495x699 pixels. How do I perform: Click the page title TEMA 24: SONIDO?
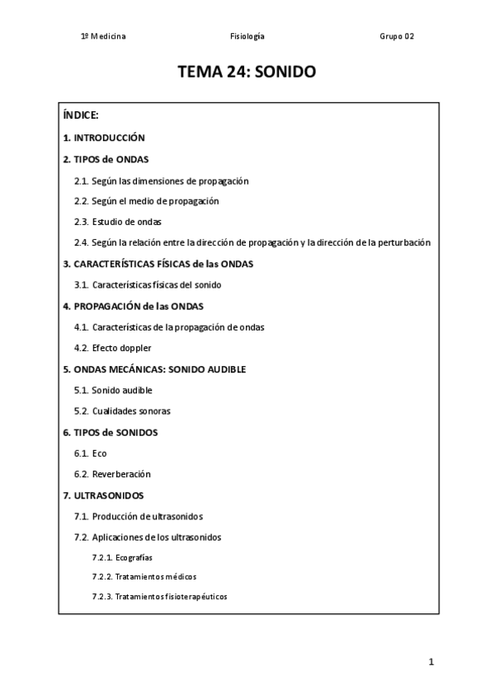[247, 73]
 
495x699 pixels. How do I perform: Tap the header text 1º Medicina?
[103, 36]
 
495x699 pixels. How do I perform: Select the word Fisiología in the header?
[247, 36]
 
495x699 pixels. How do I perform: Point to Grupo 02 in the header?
[396, 36]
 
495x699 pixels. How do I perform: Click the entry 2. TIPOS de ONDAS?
[106, 159]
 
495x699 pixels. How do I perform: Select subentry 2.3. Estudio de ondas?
[117, 222]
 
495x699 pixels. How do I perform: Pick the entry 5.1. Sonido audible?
[113, 390]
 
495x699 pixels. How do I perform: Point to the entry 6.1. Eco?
[90, 453]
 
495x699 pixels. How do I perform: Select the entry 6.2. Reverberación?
[112, 474]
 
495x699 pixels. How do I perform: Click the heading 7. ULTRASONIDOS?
[104, 495]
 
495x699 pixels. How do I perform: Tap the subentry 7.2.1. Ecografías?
[122, 557]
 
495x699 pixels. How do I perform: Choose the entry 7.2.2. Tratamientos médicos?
[144, 576]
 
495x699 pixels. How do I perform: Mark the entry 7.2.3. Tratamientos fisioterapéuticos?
[159, 596]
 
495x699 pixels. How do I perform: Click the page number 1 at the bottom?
[431, 662]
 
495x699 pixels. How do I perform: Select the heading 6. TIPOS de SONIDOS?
[111, 432]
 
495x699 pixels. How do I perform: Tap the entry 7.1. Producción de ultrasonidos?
[138, 516]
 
